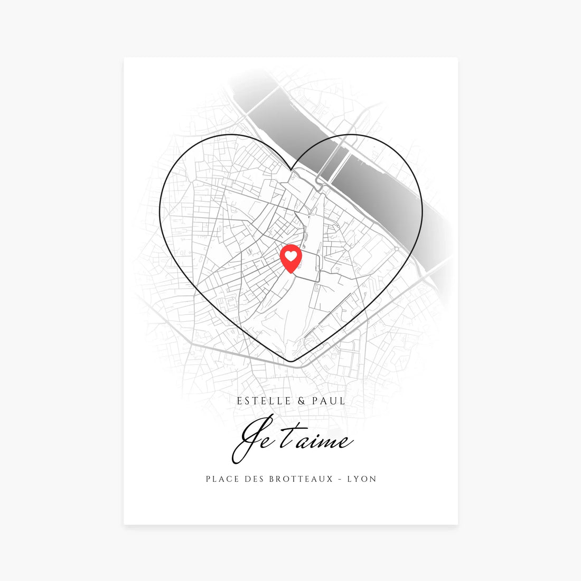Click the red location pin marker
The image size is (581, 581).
pos(290,258)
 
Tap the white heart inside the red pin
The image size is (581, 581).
pos(290,256)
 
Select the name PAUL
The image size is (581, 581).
pos(329,401)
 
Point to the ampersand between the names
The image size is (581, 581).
pos(302,401)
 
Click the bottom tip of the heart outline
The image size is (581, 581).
pos(290,362)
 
